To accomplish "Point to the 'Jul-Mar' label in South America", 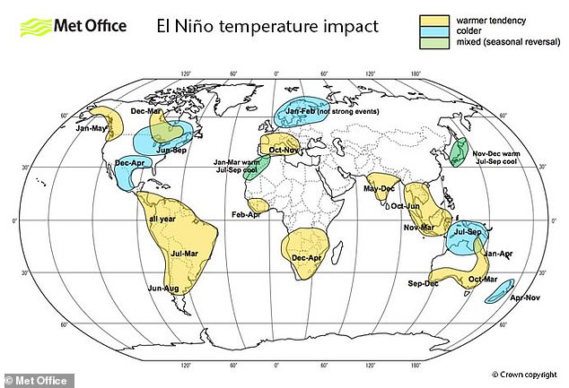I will click(x=185, y=254).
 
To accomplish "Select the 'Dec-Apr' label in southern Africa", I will click(x=307, y=258).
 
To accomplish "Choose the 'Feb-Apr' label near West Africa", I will click(x=246, y=215).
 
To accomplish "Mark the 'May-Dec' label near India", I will click(x=379, y=188).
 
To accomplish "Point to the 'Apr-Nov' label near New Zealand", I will click(x=525, y=296).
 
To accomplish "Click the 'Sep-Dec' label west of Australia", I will click(x=423, y=283).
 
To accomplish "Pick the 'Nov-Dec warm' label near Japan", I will click(x=501, y=153).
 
